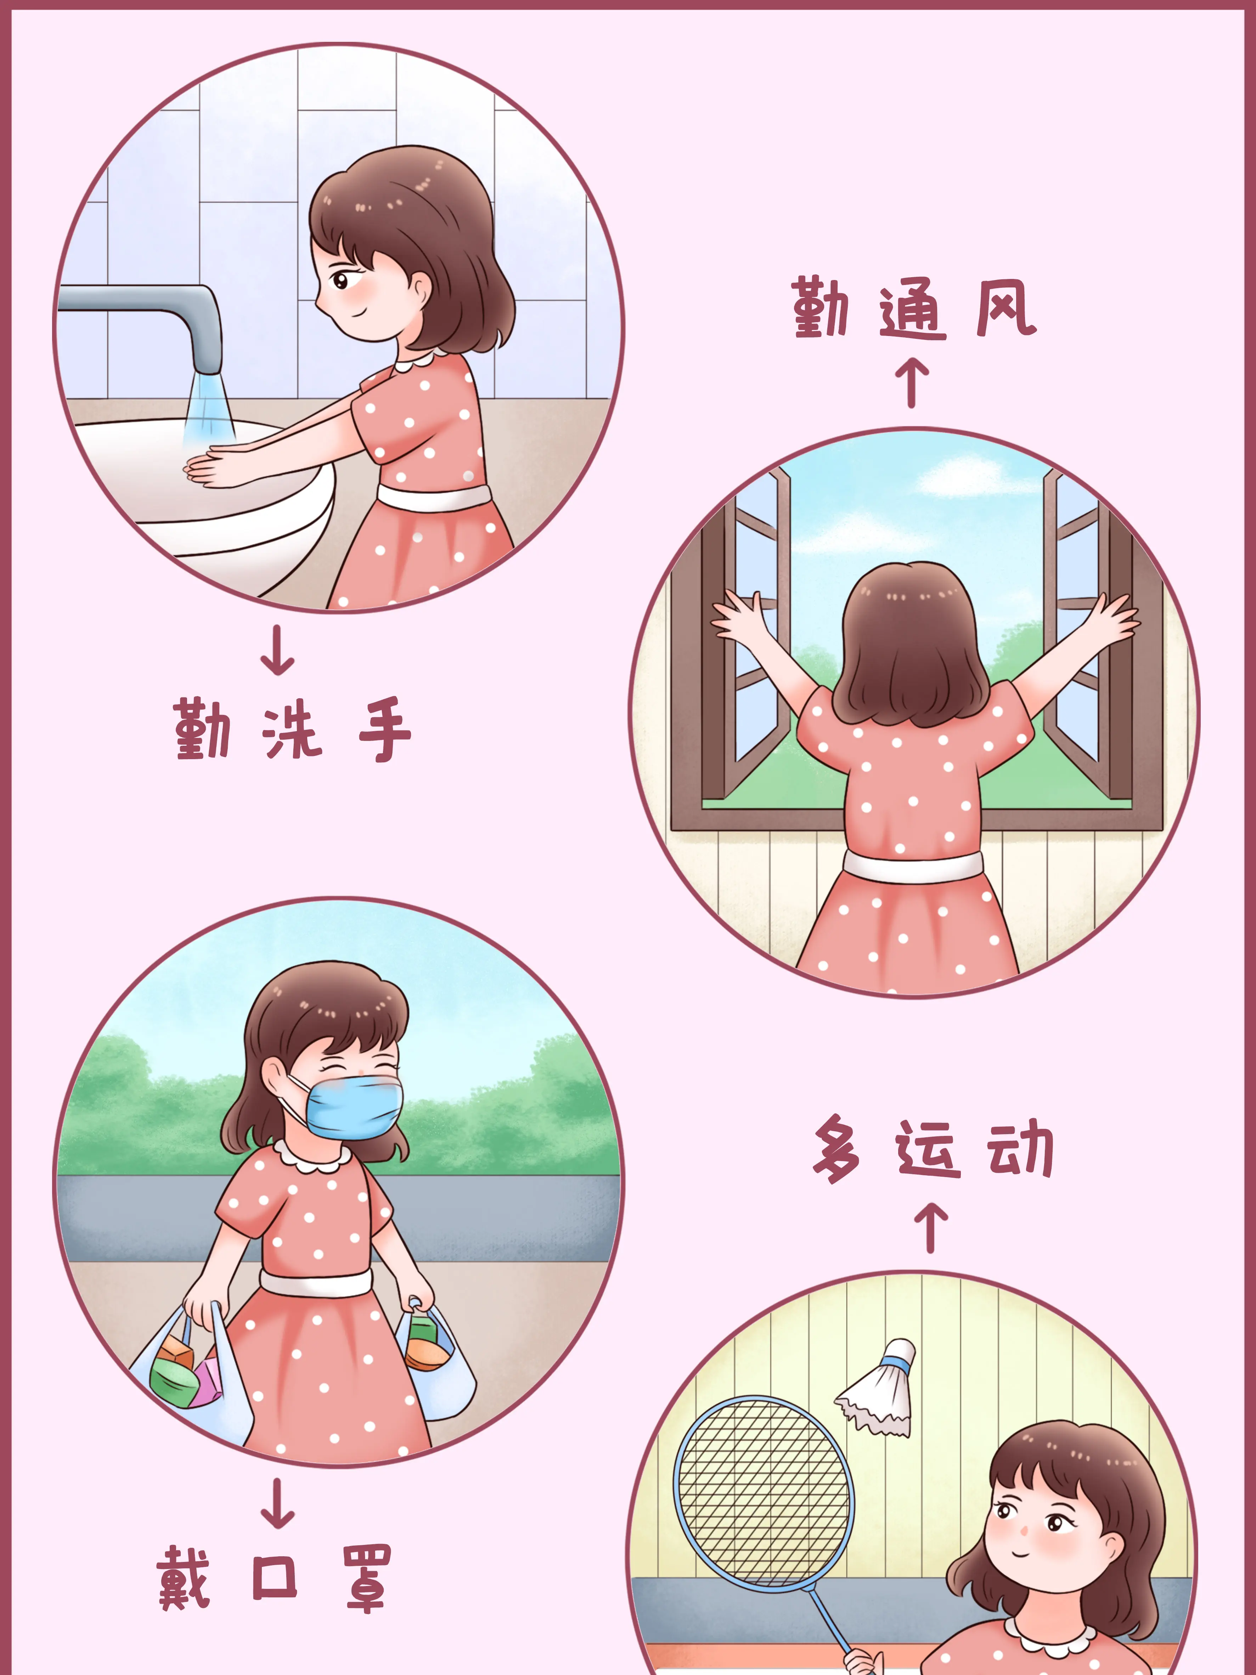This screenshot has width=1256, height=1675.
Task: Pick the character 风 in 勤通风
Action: pyautogui.click(x=1006, y=307)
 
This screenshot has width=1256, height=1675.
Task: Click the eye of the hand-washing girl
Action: pyautogui.click(x=340, y=282)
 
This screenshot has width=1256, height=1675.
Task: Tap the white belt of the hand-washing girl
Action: pyautogui.click(x=434, y=498)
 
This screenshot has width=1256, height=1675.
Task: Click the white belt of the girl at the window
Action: pyautogui.click(x=913, y=866)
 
